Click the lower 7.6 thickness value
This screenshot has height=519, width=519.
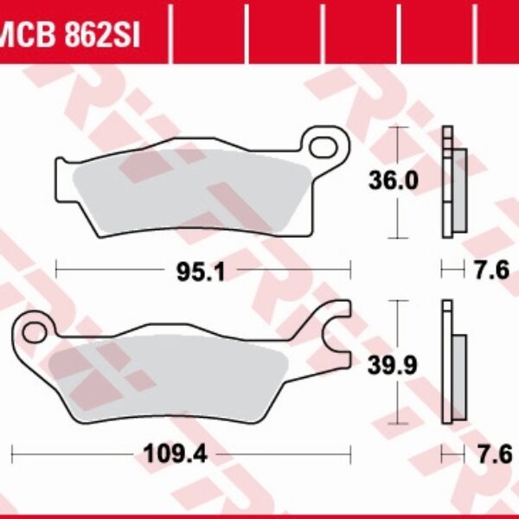pos(490,452)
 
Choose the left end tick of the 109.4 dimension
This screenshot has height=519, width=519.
pos(13,452)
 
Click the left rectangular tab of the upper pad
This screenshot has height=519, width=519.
pos(62,180)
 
